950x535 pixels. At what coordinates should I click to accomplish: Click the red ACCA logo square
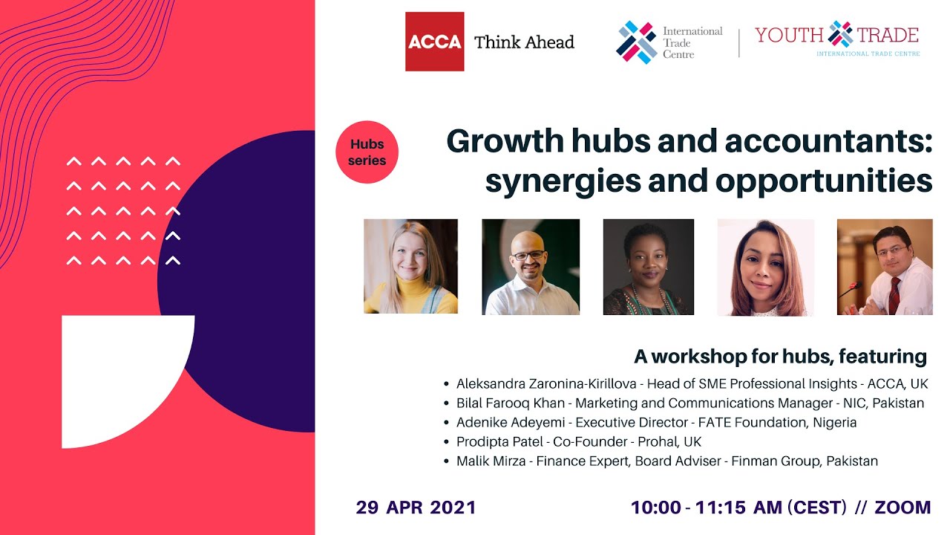point(434,42)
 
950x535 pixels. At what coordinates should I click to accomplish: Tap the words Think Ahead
point(524,42)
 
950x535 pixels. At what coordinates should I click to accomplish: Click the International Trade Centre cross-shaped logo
point(636,42)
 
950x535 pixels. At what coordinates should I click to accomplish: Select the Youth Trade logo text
point(836,36)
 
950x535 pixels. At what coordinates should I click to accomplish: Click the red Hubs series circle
point(367,152)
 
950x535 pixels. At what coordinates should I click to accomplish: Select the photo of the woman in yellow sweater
point(410,266)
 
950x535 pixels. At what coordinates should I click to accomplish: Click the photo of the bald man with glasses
point(530,266)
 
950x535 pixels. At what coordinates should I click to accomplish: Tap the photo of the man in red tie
point(885,266)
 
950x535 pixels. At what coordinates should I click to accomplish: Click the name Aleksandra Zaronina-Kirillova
point(548,384)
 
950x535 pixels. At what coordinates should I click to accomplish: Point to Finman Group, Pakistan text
point(805,461)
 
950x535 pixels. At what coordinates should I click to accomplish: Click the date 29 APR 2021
point(416,508)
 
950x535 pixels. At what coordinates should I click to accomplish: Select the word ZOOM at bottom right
point(902,508)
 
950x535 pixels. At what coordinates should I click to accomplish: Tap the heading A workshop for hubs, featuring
point(780,357)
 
